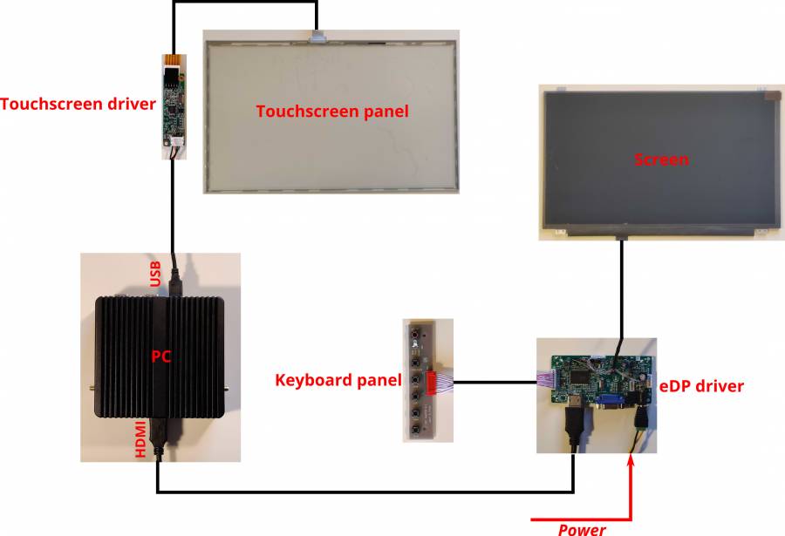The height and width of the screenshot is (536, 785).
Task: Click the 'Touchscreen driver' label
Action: (78, 105)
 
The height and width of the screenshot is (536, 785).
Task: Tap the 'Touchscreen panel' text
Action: (331, 112)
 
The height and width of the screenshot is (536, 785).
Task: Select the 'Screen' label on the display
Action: (660, 159)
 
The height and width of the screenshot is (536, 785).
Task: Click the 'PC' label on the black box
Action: (160, 356)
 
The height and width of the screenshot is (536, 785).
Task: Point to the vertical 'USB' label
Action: (155, 274)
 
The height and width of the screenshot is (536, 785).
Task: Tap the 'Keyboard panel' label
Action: (338, 380)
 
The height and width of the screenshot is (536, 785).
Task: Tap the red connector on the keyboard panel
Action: (432, 382)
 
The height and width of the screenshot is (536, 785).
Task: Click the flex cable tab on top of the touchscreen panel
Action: (317, 36)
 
